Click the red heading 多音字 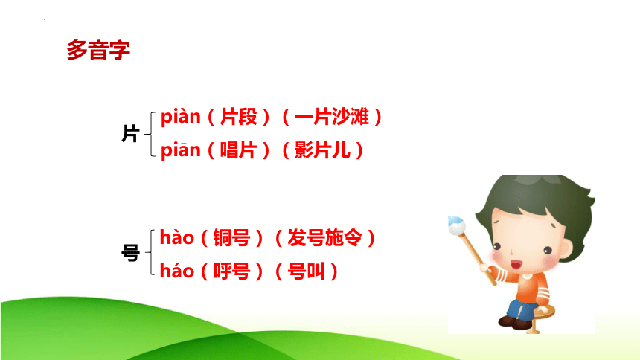pyautogui.click(x=98, y=50)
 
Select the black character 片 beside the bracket pyautogui.click(x=131, y=133)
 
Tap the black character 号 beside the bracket pyautogui.click(x=131, y=253)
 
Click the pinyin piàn pyautogui.click(x=180, y=117)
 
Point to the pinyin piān pyautogui.click(x=180, y=150)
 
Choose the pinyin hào pyautogui.click(x=176, y=237)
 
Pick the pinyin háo pyautogui.click(x=176, y=271)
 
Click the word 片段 pyautogui.click(x=239, y=117)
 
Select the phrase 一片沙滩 pyautogui.click(x=332, y=117)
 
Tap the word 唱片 pyautogui.click(x=239, y=150)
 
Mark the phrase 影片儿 pyautogui.click(x=322, y=150)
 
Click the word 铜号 pyautogui.click(x=232, y=238)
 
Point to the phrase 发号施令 pyautogui.click(x=325, y=238)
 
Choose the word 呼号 pyautogui.click(x=232, y=271)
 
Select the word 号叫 pyautogui.click(x=306, y=271)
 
